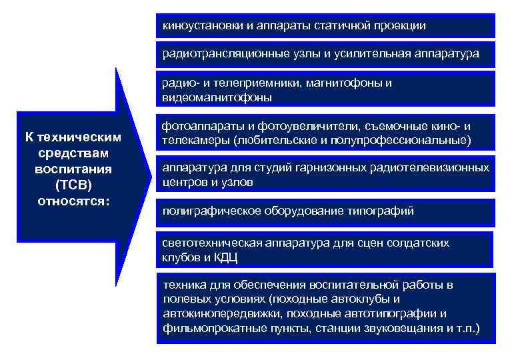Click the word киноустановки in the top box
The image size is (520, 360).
click(x=199, y=25)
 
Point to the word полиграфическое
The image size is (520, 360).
click(x=206, y=211)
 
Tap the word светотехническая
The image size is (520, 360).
click(x=209, y=243)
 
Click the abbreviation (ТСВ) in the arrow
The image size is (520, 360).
click(x=73, y=184)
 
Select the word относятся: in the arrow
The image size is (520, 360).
click(x=73, y=199)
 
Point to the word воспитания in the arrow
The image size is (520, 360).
click(x=73, y=169)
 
